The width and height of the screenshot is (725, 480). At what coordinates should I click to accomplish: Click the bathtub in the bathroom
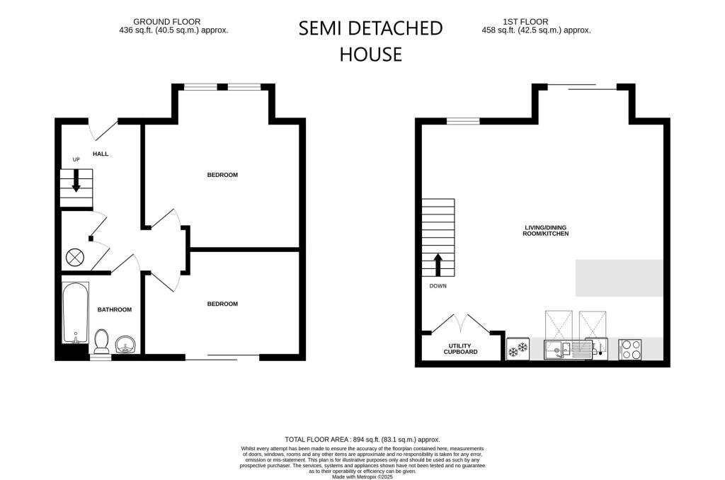75,312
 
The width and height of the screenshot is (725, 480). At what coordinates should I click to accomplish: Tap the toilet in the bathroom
101,341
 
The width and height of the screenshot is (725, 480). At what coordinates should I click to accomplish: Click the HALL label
101,154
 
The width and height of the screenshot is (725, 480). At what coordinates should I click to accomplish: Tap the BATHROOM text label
114,309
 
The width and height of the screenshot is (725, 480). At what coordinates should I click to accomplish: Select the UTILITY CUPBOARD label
461,348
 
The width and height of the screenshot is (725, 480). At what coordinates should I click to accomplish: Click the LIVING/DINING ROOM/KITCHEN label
546,230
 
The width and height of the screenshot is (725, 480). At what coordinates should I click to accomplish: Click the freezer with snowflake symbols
518,348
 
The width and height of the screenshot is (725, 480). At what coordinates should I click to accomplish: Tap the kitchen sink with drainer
568,348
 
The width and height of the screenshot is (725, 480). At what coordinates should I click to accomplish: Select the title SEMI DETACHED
370,28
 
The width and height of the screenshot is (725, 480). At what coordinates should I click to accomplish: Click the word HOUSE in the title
370,54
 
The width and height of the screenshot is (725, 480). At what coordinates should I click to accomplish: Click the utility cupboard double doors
461,324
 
